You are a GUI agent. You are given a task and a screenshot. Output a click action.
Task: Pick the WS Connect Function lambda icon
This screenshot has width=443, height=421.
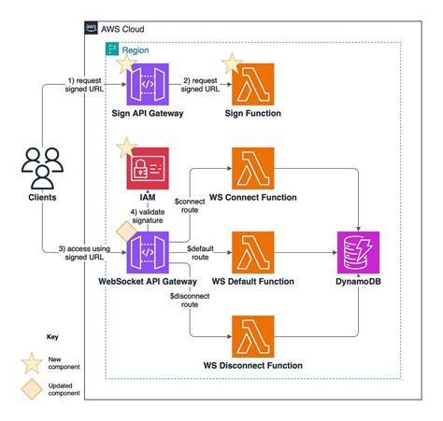[x=254, y=167]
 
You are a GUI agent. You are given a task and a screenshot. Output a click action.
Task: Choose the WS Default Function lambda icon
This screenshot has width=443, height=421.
[x=254, y=249]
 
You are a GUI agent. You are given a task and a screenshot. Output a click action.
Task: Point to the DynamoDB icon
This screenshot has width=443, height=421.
[x=359, y=249]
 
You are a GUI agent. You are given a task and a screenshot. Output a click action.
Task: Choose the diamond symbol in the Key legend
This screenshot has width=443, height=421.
[x=31, y=388]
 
